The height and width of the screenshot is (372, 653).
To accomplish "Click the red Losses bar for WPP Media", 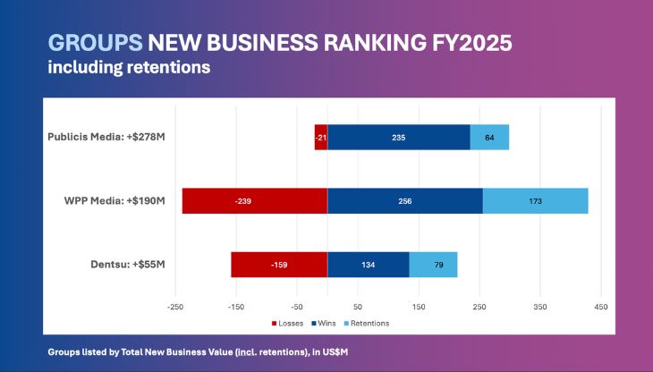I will point(254,201).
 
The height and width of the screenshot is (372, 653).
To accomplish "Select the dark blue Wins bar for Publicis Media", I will point(398,138).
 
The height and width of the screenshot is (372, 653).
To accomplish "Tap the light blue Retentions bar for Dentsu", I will point(433,265).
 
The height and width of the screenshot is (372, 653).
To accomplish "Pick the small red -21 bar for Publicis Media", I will point(321,138).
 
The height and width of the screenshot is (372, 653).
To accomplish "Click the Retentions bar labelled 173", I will point(535,201).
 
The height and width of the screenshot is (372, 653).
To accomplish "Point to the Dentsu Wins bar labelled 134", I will point(368,265).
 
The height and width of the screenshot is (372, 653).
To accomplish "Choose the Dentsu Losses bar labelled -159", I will point(279,265).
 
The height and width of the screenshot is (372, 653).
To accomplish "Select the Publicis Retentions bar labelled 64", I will point(489,138).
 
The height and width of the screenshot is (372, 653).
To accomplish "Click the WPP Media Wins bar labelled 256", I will point(404,201).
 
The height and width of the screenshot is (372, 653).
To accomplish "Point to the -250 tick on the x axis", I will point(175,307).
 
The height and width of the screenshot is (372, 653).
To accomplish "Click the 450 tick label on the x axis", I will point(601,307).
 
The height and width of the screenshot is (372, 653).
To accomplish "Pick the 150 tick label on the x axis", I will point(419,307).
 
